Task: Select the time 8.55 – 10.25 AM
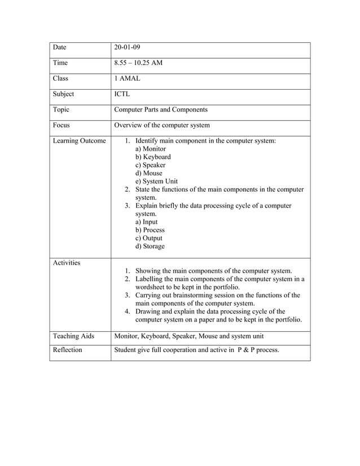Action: [x=138, y=63]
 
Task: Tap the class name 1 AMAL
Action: [x=127, y=79]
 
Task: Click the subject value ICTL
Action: [x=123, y=94]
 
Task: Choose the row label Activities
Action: [x=67, y=263]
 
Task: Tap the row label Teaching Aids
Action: [x=73, y=336]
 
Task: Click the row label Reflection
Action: [x=67, y=350]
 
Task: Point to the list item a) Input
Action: [x=147, y=222]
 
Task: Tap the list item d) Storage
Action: [x=150, y=246]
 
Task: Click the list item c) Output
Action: [x=149, y=238]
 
